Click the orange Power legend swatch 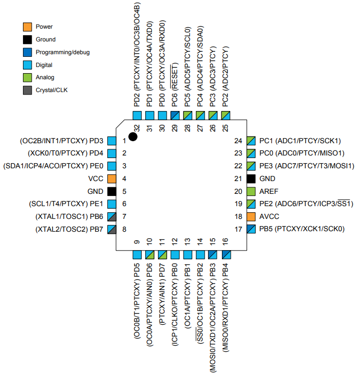click(28, 27)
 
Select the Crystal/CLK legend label click(51, 90)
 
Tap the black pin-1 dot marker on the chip click(133, 136)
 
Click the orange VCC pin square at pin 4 click(112, 179)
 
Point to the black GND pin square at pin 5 click(112, 191)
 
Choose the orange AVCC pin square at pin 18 click(251, 216)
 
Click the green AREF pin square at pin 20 click(251, 191)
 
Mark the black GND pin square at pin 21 click(251, 179)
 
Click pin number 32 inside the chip click(137, 127)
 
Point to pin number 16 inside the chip click(226, 241)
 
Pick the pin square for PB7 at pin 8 click(112, 229)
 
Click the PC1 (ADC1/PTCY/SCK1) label click(300, 141)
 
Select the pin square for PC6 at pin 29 click(175, 115)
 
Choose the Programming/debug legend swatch click(28, 52)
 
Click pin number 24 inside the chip click(238, 141)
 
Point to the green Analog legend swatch click(28, 77)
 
